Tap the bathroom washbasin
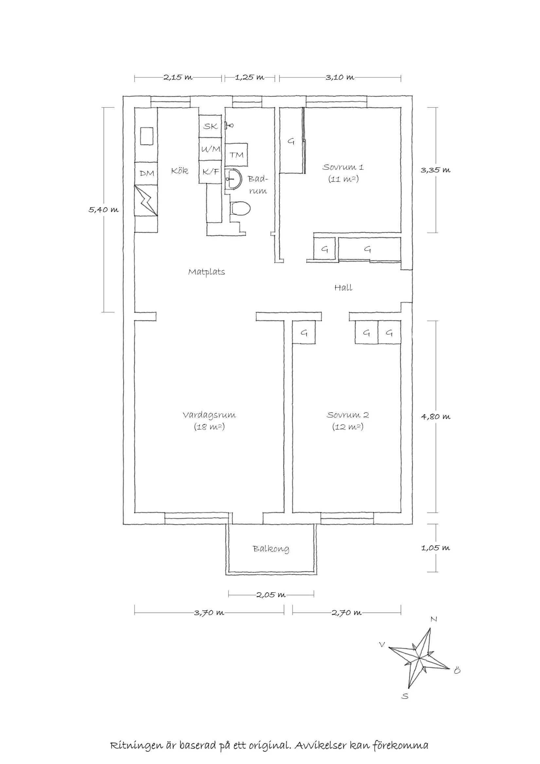pyautogui.click(x=234, y=179)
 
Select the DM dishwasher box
pyautogui.click(x=146, y=173)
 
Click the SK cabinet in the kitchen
pyautogui.click(x=210, y=126)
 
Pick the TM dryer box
pyautogui.click(x=236, y=155)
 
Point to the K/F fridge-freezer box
pyautogui.click(x=210, y=172)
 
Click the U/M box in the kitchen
pyautogui.click(x=210, y=149)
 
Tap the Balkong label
pyautogui.click(x=271, y=549)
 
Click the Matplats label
pyautogui.click(x=207, y=272)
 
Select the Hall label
pyautogui.click(x=343, y=288)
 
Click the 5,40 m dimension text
pyautogui.click(x=103, y=210)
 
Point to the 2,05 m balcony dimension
pyautogui.click(x=271, y=595)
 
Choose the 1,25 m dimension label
pyautogui.click(x=249, y=78)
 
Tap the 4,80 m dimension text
pyautogui.click(x=436, y=417)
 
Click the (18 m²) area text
pyautogui.click(x=209, y=427)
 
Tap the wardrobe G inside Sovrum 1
pyautogui.click(x=291, y=142)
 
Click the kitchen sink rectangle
pyautogui.click(x=146, y=136)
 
